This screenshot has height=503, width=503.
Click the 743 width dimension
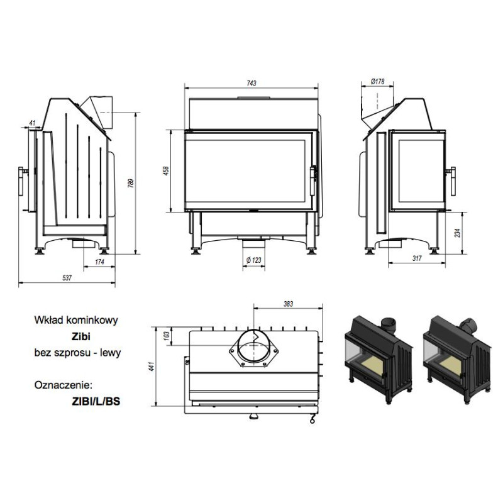pyautogui.click(x=251, y=83)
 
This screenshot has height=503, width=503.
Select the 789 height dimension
pyautogui.click(x=131, y=183)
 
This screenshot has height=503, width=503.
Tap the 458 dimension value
pyautogui.click(x=166, y=171)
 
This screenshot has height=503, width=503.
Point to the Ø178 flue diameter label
pyautogui.click(x=378, y=82)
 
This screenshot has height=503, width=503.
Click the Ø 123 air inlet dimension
pyautogui.click(x=254, y=260)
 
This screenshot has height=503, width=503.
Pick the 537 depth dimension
pyautogui.click(x=67, y=278)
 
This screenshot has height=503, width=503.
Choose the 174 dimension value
pyautogui.click(x=100, y=262)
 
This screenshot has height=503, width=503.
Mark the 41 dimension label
pyautogui.click(x=32, y=123)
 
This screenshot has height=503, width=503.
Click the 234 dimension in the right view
pyautogui.click(x=457, y=233)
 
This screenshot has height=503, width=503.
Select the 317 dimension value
pyautogui.click(x=417, y=258)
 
